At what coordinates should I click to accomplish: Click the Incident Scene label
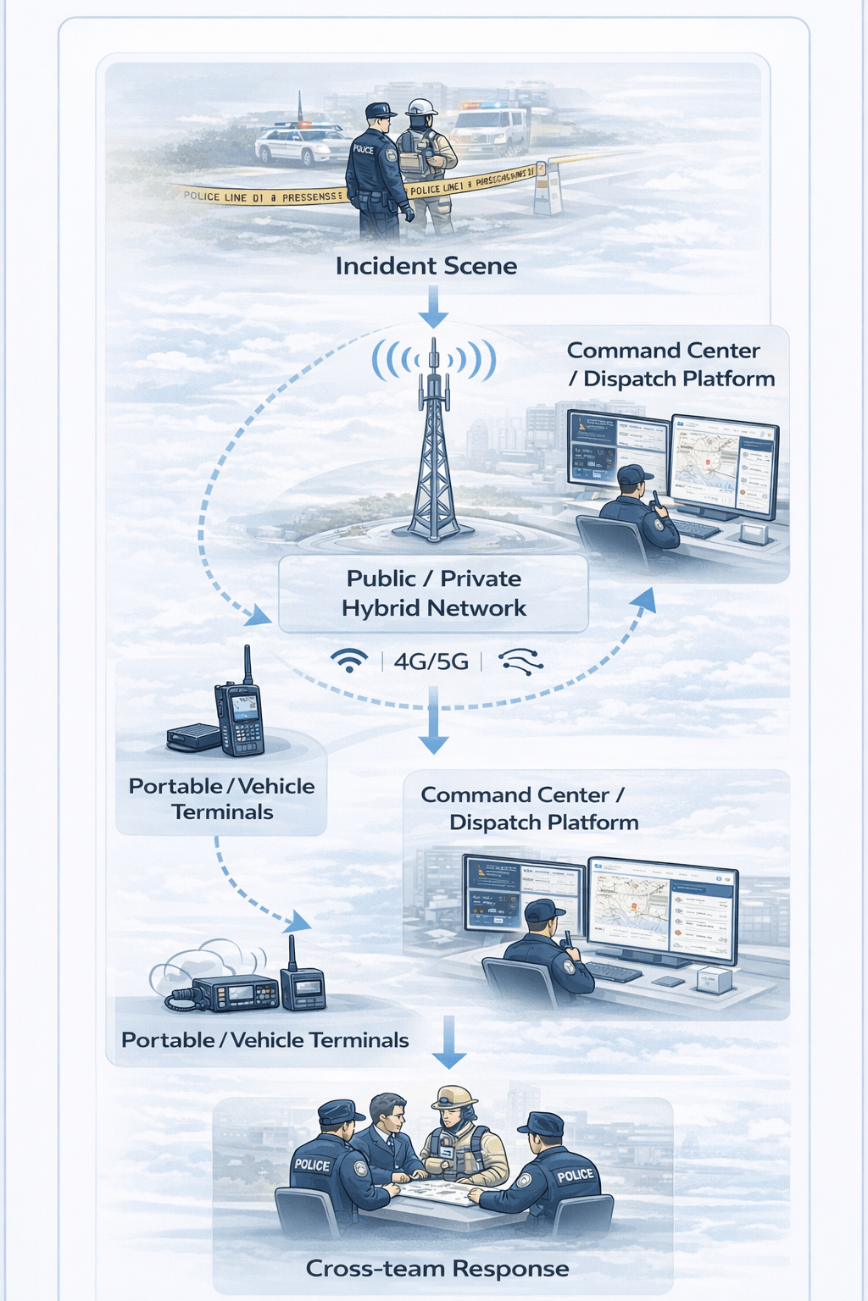point(426,266)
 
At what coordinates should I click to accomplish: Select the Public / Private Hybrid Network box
point(433,593)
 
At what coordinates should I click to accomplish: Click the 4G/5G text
point(431,662)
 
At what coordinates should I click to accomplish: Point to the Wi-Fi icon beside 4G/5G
point(349,661)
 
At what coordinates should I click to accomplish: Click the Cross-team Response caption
point(437,1268)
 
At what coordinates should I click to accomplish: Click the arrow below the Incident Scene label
point(433,307)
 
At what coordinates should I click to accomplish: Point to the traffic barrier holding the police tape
point(548,187)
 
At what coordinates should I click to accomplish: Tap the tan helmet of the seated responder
point(454,1097)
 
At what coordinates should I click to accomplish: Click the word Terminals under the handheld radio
point(222,812)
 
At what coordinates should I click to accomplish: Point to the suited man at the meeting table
point(387,1135)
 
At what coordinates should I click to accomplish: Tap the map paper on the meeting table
point(434,1192)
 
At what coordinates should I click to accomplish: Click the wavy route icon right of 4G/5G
point(521,662)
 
